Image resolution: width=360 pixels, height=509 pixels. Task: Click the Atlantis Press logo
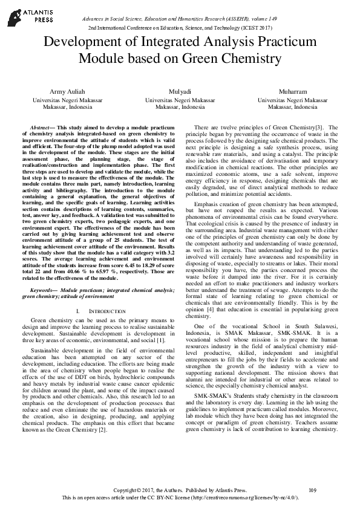[x=22, y=15]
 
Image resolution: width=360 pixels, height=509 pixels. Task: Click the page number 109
[x=312, y=490]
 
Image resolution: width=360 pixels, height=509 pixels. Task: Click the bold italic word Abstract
[x=40, y=129]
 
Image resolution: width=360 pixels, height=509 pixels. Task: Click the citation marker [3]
[x=318, y=128]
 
